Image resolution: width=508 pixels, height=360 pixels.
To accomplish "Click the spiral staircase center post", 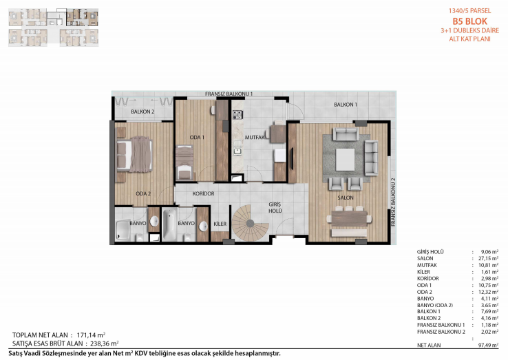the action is coord(250,223).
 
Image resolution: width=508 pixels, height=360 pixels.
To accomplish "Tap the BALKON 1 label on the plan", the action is coord(346,105).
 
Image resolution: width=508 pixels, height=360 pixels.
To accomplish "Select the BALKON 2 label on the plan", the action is coord(142,112).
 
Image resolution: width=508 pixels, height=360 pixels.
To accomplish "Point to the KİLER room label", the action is coord(220,224).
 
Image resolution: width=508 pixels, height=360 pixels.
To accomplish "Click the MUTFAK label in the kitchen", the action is coord(255,138).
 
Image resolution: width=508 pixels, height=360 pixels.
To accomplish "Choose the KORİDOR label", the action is coord(204,193).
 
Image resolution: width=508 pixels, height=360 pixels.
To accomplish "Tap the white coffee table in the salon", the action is coord(345,160).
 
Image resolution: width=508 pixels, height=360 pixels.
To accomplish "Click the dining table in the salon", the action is coord(349,219).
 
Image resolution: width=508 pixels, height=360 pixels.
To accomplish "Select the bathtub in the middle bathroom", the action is coord(169,224).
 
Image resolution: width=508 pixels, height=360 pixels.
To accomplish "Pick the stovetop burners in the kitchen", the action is coord(237,115).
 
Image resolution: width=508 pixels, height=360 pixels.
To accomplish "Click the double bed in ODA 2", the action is coord(134,155).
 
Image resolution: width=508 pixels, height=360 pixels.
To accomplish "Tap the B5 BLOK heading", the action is coord(469,21).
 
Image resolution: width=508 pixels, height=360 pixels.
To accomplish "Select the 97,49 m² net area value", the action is coord(488,346).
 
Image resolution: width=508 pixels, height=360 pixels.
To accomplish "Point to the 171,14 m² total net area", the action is coord(91,335).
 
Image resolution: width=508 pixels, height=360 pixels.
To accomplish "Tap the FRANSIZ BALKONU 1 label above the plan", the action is coord(229,94).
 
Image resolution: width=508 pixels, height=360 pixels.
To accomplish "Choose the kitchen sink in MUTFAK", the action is coord(237,150).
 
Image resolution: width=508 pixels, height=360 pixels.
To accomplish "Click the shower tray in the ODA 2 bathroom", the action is coord(123,231).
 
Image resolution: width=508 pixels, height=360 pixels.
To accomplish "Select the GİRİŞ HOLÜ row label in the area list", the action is coord(430,252).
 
